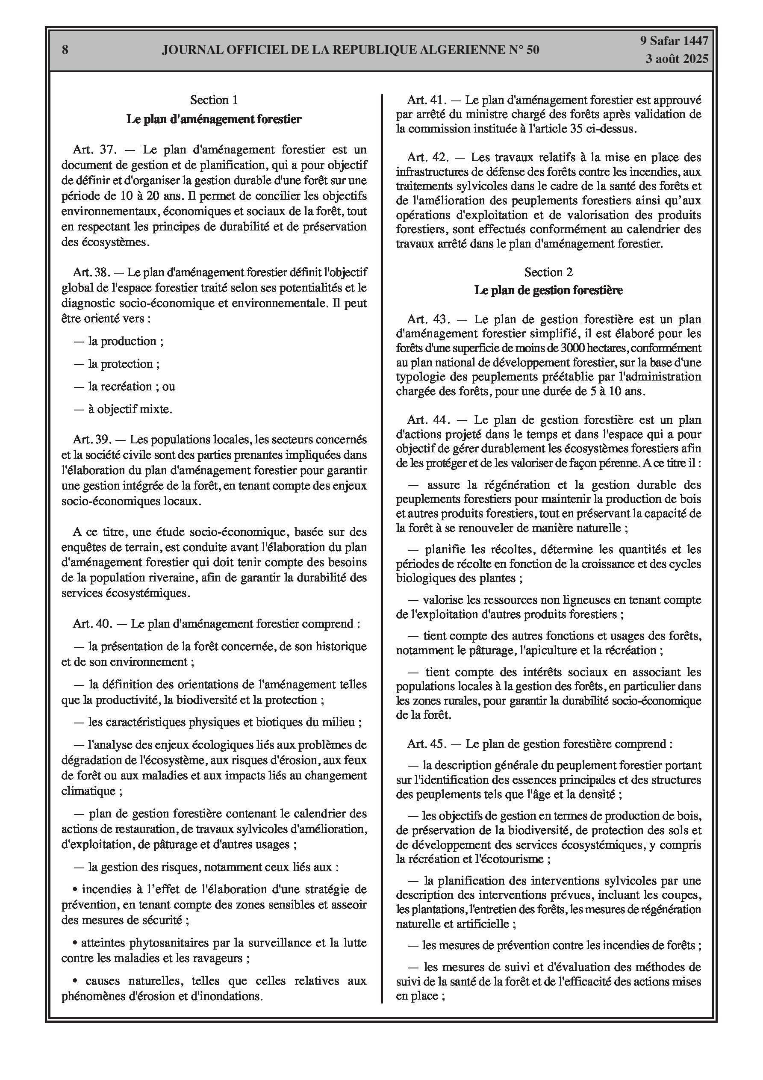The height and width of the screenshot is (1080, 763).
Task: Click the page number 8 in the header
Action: pyautogui.click(x=65, y=50)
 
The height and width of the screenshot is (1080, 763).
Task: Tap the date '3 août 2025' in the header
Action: pyautogui.click(x=677, y=59)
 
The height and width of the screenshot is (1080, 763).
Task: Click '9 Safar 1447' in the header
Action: pyautogui.click(x=674, y=41)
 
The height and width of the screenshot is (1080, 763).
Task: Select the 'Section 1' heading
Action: pyautogui.click(x=214, y=100)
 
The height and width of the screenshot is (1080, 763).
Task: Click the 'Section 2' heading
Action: pyautogui.click(x=548, y=272)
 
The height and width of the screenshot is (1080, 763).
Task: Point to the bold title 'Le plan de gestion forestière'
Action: pyautogui.click(x=548, y=290)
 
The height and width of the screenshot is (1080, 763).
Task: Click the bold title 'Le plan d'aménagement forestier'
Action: pyautogui.click(x=214, y=119)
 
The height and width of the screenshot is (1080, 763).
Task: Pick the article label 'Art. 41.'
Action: pyautogui.click(x=426, y=100)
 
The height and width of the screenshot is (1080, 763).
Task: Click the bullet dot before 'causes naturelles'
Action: pyautogui.click(x=75, y=981)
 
